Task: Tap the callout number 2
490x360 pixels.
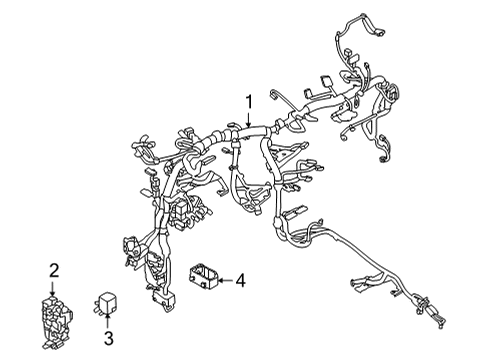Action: pyautogui.click(x=55, y=269)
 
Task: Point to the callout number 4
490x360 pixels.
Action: pyautogui.click(x=239, y=281)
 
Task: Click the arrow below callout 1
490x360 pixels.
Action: pyautogui.click(x=249, y=117)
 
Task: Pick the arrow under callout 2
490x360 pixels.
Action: pyautogui.click(x=55, y=284)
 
